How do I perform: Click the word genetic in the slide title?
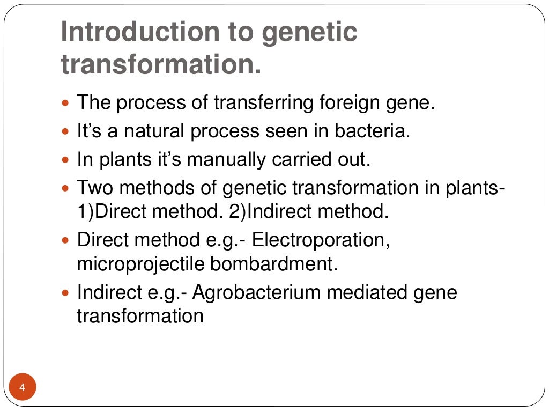pos(309,33)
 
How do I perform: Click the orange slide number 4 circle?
pos(23,388)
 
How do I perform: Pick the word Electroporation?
pos(321,240)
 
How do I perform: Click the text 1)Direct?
pos(108,211)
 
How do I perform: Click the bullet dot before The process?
pos(66,102)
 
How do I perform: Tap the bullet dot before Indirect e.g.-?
pos(66,293)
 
